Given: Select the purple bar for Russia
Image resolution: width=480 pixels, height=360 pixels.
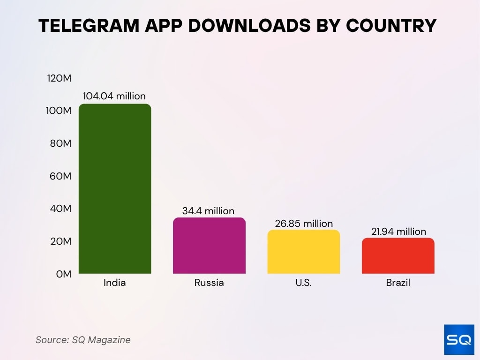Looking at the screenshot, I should point(209,246).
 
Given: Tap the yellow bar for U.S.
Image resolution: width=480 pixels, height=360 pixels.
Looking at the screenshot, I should point(304,252).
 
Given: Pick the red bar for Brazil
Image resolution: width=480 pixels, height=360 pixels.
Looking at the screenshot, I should point(398,256).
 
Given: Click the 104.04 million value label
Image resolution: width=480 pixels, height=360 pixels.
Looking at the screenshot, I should point(114,96).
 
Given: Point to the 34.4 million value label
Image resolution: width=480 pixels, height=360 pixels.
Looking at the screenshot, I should point(208,211).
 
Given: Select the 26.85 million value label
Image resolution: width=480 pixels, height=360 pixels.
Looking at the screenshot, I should point(304,224).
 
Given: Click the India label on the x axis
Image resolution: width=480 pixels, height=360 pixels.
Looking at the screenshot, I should point(115,283).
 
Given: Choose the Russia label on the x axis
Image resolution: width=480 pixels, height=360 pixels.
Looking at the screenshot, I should point(209,283).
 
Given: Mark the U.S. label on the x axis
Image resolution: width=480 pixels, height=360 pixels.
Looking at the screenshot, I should point(304,283).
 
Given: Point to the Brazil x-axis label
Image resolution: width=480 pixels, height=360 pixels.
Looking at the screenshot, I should point(398,283).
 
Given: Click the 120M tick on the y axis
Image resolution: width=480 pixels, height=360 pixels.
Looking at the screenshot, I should point(59,78).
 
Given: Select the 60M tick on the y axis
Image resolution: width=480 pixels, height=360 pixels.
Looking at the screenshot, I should point(60,176).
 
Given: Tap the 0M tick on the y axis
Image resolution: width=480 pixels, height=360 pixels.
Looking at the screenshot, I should point(63,274).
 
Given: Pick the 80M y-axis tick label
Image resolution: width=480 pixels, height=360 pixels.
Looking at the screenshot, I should point(60,143).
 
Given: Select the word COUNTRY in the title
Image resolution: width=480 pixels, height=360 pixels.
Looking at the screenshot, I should point(391,26).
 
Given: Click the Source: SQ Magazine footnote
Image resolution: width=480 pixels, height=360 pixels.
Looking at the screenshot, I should point(83,340).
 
